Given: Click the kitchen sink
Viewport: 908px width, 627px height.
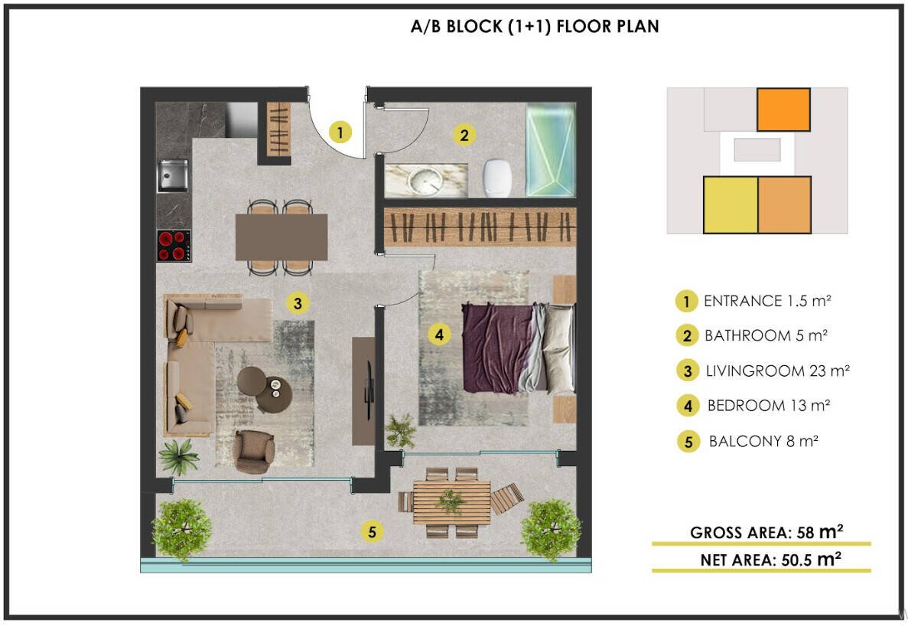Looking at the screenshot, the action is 173,175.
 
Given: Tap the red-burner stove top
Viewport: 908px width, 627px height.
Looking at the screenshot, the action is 174,246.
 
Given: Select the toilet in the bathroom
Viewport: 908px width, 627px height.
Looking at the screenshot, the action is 497,178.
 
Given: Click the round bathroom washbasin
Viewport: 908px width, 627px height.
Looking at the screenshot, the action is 425,181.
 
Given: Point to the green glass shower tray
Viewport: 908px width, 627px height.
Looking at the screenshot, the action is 551,150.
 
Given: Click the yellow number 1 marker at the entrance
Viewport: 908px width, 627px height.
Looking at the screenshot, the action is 340,132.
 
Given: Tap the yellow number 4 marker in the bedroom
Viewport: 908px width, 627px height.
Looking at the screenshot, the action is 439,335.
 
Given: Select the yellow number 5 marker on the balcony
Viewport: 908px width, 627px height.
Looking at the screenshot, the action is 372,531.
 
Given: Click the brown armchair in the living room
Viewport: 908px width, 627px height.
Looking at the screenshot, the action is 254,451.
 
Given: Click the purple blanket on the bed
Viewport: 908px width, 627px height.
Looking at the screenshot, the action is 497,348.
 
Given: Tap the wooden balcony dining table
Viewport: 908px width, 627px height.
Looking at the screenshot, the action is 451,502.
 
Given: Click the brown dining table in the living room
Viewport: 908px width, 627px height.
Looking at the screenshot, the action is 282,237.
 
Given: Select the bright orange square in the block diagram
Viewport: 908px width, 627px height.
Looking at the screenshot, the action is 783,109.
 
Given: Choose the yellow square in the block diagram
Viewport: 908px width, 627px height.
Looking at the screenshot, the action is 731,205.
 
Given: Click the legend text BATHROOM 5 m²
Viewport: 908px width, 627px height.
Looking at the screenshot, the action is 766,335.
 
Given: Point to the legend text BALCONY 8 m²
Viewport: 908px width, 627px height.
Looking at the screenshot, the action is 763,441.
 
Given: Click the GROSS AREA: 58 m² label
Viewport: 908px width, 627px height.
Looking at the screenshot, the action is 766,532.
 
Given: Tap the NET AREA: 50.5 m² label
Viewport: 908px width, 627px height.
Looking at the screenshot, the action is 771,559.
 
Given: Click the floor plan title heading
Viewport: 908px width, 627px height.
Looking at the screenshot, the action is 535,27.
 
